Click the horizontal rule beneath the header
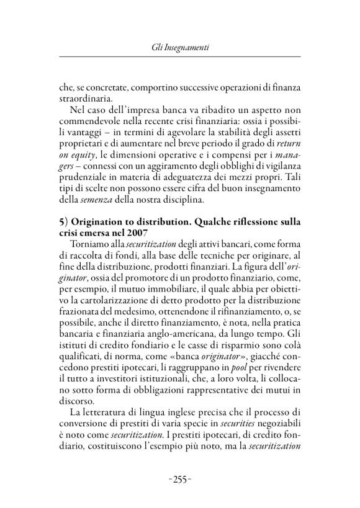point(180,56)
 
